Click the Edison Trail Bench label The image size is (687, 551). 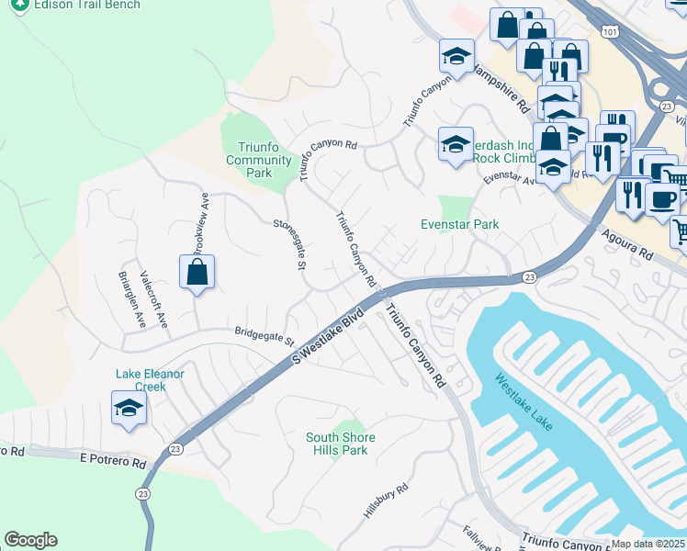click(87, 6)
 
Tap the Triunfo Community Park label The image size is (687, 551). click(260, 160)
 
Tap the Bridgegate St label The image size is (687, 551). click(263, 336)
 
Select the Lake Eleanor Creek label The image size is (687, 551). click(150, 380)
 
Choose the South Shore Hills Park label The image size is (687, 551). click(341, 444)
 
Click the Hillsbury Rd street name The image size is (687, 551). click(385, 504)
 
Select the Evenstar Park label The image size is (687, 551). click(459, 223)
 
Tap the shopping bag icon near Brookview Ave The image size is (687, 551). click(197, 273)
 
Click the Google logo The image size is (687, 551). click(30, 540)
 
